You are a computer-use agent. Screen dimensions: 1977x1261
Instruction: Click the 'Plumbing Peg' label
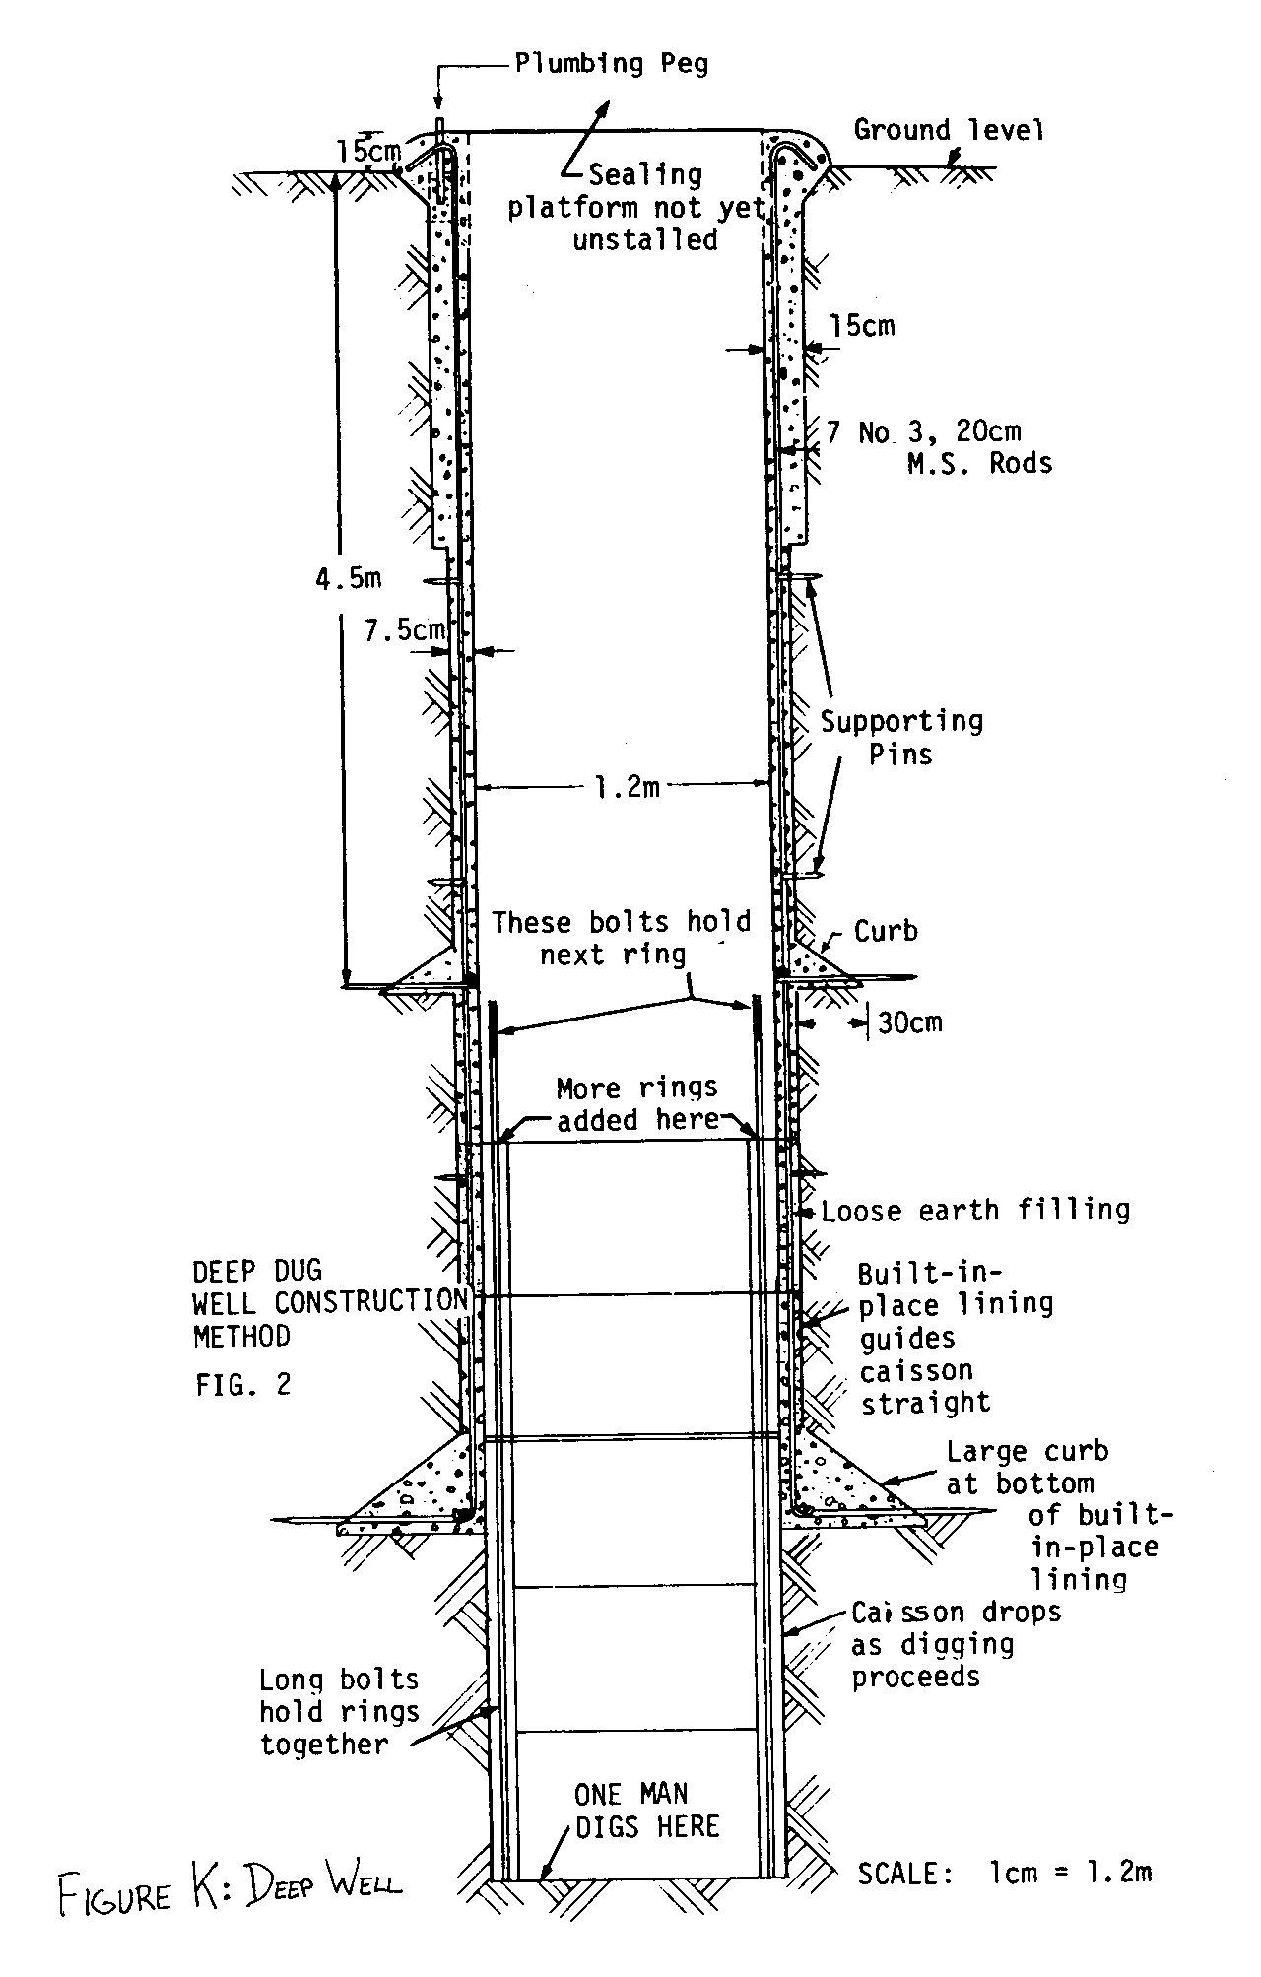611,65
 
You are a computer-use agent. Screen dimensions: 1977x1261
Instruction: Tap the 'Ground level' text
948,130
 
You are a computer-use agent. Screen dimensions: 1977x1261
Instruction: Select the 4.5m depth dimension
348,579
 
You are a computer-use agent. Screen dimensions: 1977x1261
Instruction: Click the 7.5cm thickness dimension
404,630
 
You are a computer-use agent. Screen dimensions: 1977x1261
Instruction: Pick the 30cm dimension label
909,1022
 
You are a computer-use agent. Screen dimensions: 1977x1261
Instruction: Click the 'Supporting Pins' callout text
901,738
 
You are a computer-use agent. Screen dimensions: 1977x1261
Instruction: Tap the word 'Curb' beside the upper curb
885,931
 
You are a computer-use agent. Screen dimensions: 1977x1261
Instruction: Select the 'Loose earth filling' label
975,1210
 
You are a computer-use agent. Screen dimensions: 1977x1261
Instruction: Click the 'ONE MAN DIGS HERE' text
647,1811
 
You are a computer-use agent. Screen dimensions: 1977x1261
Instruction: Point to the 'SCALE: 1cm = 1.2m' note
1004,1873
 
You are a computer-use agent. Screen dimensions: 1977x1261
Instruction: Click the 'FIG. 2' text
242,1385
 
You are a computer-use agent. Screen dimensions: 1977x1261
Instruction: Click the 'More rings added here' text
636,1103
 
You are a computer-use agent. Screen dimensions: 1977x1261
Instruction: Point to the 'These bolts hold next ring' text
621,938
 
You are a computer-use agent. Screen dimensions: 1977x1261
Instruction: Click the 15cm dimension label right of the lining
862,326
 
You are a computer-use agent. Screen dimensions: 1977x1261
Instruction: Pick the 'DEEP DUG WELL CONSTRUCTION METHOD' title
330,1303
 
